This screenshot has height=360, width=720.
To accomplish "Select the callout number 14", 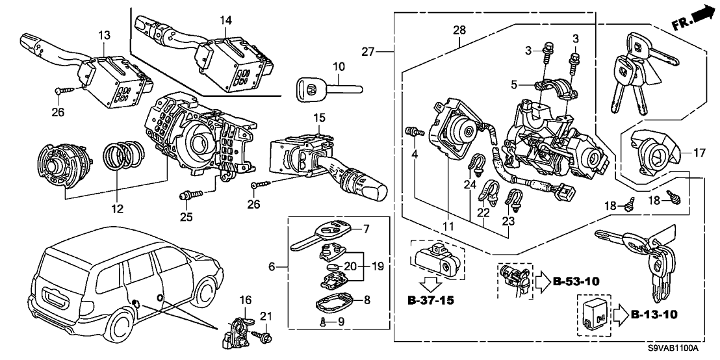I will coord(225,21).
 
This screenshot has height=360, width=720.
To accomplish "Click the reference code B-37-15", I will coord(431,302).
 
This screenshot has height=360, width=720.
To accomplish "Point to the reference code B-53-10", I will coord(575,281).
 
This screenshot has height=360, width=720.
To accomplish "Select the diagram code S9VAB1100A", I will coord(673,349).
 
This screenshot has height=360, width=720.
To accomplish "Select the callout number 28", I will coord(459,31).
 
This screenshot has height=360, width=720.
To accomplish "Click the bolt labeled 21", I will coord(266,337).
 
